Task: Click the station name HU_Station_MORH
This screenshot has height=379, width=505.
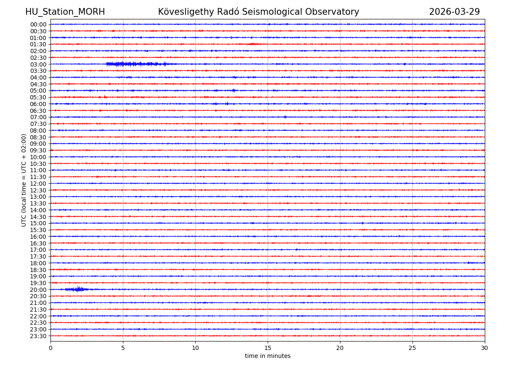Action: [x=65, y=12]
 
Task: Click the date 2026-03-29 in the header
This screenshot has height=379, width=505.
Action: [x=454, y=12]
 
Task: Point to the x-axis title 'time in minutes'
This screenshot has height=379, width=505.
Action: [x=268, y=356]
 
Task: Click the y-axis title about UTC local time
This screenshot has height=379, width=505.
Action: [x=24, y=180]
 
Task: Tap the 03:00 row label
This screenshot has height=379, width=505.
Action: [x=38, y=64]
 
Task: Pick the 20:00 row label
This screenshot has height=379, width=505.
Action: [x=38, y=290]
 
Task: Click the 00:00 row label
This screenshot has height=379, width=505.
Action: [x=38, y=24]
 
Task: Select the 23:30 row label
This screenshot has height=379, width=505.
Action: [x=38, y=336]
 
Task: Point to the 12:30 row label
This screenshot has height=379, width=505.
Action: [x=38, y=190]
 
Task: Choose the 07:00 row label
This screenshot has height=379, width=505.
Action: [x=38, y=117]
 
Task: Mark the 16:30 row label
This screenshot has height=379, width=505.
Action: [x=38, y=243]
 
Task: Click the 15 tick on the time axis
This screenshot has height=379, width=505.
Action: [x=268, y=348]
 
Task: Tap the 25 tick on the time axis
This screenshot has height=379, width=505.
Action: [x=412, y=348]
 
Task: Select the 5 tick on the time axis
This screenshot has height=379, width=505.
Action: [x=123, y=348]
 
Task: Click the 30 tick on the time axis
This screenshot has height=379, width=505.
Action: [x=485, y=348]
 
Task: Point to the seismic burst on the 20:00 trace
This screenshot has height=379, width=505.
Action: [x=78, y=289]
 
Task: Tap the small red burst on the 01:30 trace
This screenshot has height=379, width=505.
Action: [x=252, y=44]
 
